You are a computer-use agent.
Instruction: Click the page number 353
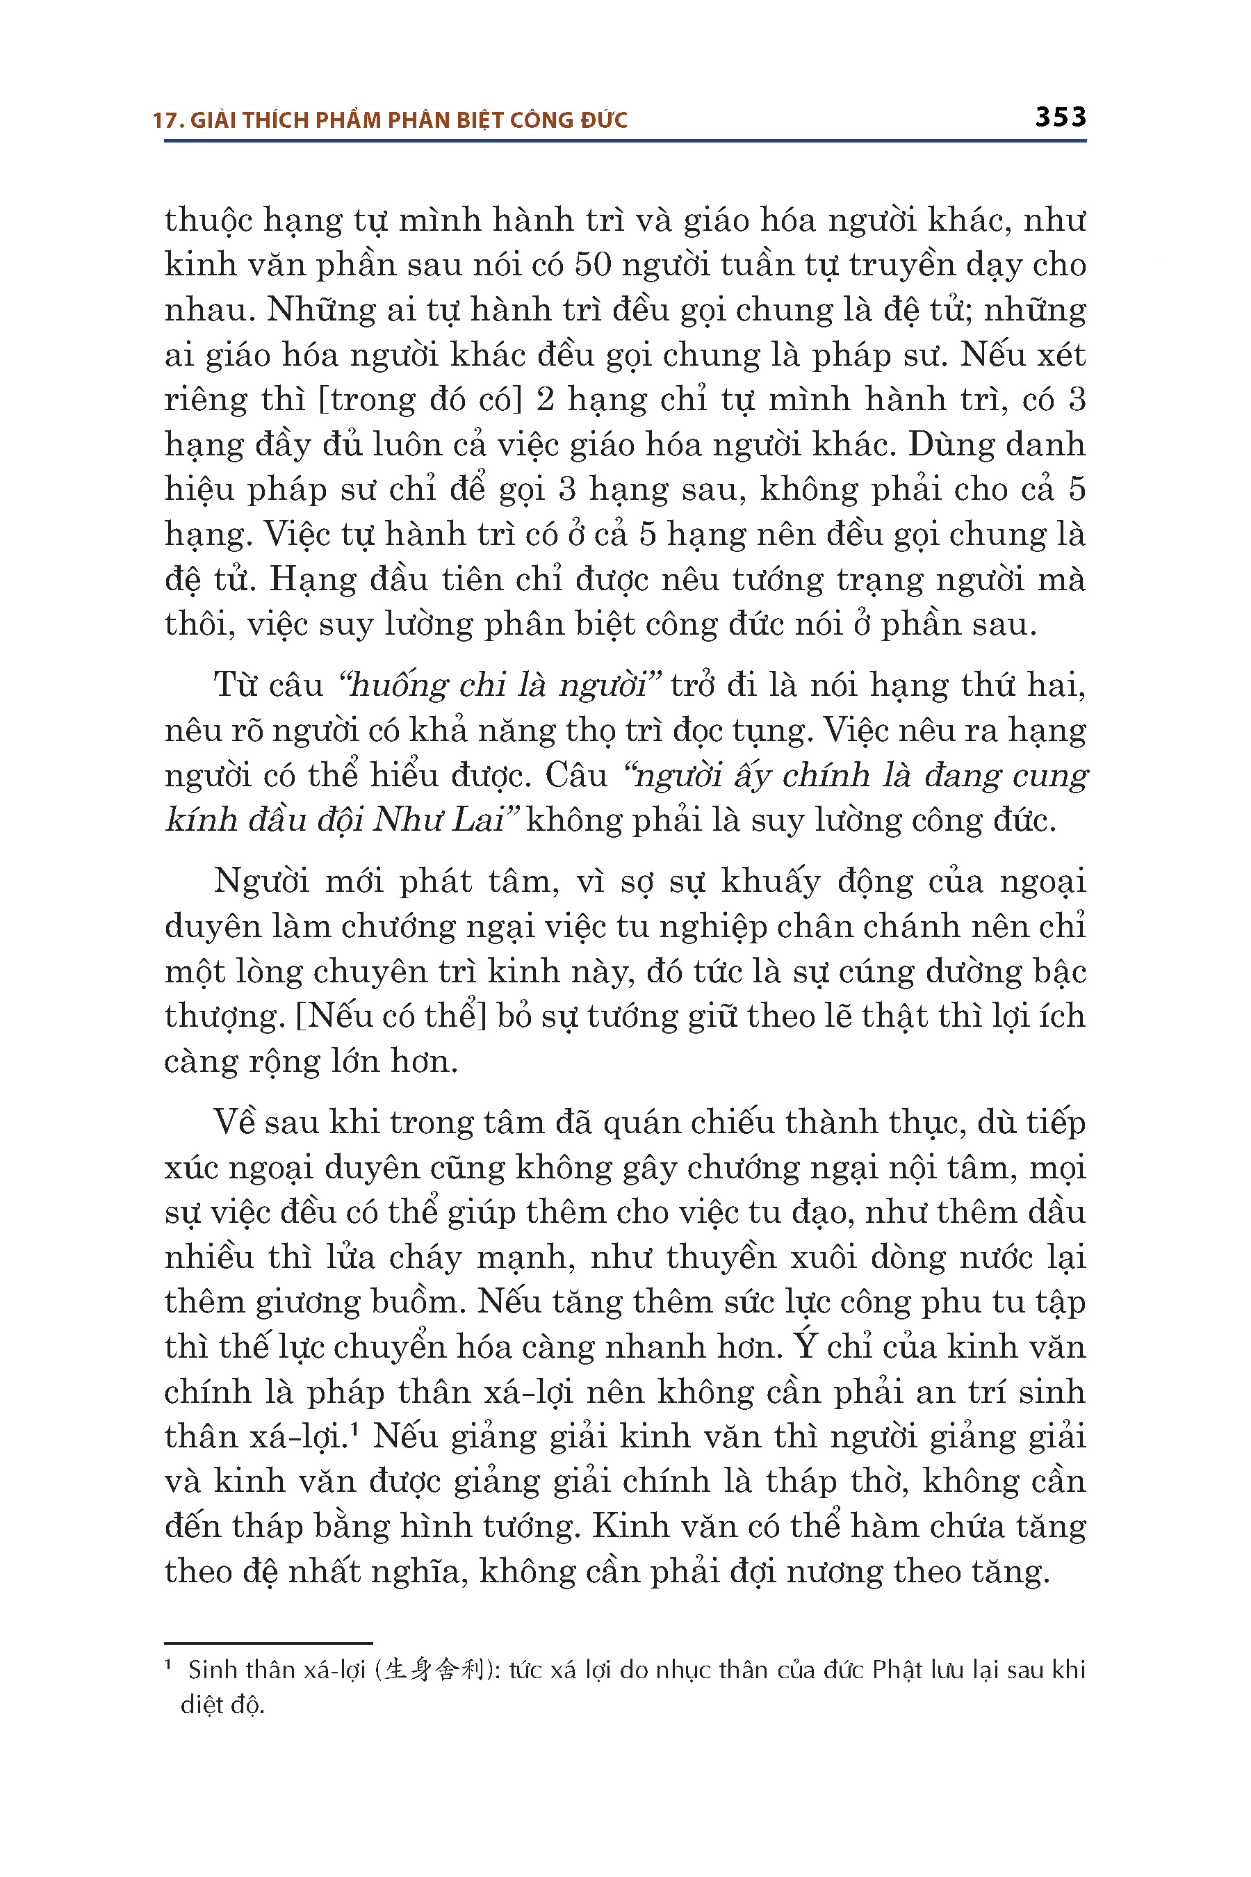pyautogui.click(x=1061, y=117)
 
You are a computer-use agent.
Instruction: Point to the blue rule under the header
pyautogui.click(x=625, y=141)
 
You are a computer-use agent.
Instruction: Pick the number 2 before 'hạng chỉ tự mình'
pyautogui.click(x=545, y=399)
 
